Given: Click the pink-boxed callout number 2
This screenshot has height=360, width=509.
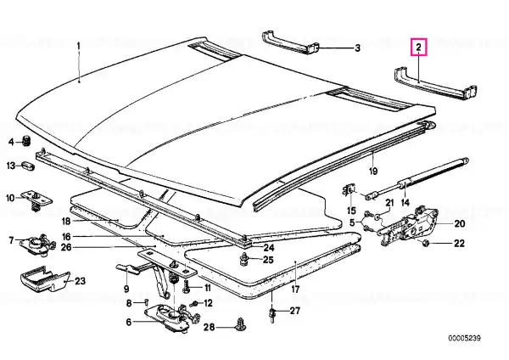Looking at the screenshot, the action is [418, 48].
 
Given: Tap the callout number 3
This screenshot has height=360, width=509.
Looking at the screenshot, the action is [357, 48].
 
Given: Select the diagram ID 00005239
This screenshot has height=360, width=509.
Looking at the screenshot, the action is [465, 338].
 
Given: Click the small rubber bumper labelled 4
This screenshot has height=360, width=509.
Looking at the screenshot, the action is [26, 141].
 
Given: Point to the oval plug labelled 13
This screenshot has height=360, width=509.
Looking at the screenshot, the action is [29, 166].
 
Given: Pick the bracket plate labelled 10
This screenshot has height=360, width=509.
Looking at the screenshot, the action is [36, 200].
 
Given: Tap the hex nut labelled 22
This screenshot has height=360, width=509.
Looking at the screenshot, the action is [426, 243].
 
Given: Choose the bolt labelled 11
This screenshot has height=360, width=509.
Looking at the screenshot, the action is [187, 287].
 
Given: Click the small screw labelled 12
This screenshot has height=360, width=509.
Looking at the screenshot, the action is [194, 304].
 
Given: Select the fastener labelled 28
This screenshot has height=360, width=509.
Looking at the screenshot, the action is [241, 323].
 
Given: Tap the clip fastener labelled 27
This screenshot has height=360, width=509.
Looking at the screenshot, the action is [272, 314].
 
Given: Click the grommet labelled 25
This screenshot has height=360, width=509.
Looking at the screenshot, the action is [243, 260].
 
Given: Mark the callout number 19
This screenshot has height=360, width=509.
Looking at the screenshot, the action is [373, 171].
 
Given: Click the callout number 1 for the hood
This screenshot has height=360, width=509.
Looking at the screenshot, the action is [78, 46].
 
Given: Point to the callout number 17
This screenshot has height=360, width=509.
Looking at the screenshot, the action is [295, 289].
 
